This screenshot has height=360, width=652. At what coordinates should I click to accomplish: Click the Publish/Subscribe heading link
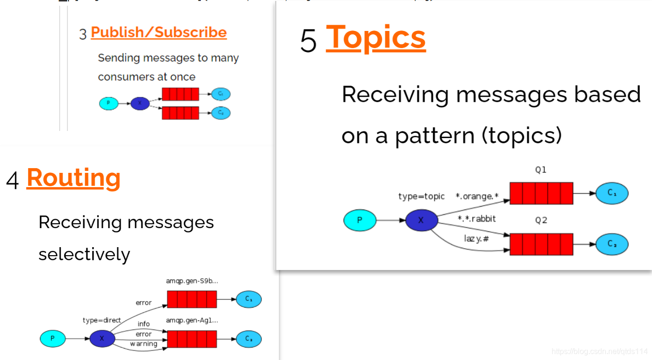(x=158, y=32)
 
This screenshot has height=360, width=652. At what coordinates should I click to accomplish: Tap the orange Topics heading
(x=375, y=37)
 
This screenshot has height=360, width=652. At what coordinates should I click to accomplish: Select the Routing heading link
(x=73, y=178)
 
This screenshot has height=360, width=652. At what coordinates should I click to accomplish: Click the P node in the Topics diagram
(x=360, y=220)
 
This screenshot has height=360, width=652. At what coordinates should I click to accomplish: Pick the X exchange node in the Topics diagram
(x=421, y=220)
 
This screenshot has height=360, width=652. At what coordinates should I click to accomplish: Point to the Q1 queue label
(x=541, y=170)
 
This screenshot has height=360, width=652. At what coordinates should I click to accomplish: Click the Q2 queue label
(x=541, y=220)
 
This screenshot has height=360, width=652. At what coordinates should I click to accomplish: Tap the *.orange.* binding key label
(x=477, y=196)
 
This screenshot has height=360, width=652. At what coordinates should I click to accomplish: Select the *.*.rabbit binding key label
(x=476, y=219)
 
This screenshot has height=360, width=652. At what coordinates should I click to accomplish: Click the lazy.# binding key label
(x=476, y=238)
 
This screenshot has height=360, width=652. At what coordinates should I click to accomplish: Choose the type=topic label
(x=421, y=196)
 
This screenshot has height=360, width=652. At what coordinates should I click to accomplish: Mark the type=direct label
(x=102, y=320)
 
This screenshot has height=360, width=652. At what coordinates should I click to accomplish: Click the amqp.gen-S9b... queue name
(x=192, y=281)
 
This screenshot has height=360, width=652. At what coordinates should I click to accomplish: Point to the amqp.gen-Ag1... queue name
(x=192, y=320)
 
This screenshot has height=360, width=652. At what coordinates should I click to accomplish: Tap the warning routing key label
(x=144, y=344)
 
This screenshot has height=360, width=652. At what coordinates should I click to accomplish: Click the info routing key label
(x=144, y=324)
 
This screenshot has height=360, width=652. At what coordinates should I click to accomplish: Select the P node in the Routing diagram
(x=52, y=339)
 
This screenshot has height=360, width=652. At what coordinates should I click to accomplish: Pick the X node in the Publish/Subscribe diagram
(x=140, y=103)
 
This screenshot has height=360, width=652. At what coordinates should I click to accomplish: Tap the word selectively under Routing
(x=84, y=254)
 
